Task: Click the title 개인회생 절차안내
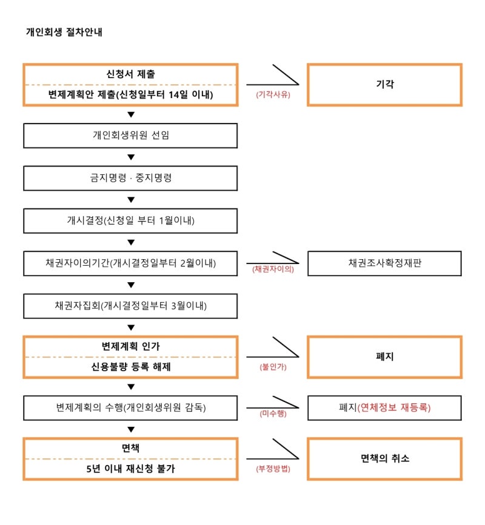(x=64, y=32)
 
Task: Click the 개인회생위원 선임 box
(x=130, y=136)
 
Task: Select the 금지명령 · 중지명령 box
(x=130, y=178)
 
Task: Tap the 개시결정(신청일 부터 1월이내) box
(x=130, y=220)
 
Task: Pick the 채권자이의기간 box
(x=130, y=263)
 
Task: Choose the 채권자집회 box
(x=130, y=306)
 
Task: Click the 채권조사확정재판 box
(x=384, y=263)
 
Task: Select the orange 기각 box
(x=384, y=85)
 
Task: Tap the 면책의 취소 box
(x=384, y=459)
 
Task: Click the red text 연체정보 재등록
(x=394, y=408)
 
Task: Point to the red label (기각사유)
(x=273, y=94)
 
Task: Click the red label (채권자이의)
(x=273, y=269)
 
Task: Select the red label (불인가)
(x=273, y=367)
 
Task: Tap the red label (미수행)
(x=273, y=414)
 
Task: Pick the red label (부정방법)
(x=273, y=469)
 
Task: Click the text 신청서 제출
(x=131, y=74)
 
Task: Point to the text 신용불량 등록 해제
(x=131, y=367)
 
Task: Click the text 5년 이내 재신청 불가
(x=131, y=469)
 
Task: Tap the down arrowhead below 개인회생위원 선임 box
(x=131, y=157)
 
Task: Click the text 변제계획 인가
(x=131, y=346)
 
